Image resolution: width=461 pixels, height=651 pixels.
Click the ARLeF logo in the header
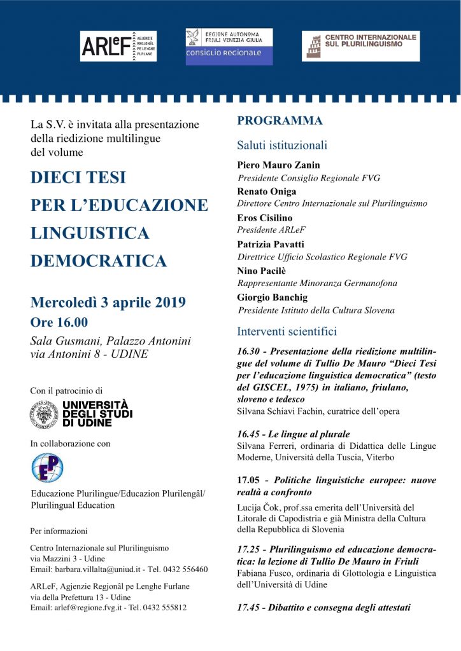118,46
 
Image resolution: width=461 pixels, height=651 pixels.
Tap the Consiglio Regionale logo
229,46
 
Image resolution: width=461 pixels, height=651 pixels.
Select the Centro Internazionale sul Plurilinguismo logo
360,46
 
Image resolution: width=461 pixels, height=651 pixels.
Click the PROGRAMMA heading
280,121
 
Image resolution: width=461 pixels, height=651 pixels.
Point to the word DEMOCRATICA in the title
99,261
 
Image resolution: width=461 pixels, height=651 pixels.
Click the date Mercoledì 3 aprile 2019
108,302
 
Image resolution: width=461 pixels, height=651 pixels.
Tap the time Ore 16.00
59,322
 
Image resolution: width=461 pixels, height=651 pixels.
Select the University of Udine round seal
43,414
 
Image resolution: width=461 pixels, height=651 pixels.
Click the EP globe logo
47,467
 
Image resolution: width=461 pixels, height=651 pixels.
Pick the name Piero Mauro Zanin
278,165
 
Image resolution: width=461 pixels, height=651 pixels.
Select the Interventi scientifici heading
287,331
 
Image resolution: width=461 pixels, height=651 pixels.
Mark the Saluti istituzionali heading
282,145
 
